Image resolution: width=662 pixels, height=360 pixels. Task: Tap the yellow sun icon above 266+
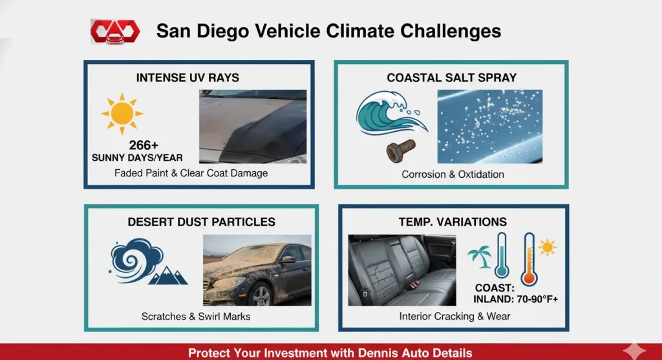pos(122,114)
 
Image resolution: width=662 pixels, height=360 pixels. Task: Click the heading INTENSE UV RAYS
pos(187,78)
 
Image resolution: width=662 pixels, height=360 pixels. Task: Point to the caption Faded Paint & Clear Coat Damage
pos(191,173)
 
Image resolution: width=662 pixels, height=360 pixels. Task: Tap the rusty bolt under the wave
pos(398,151)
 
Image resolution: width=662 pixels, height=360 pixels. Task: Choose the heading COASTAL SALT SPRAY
pos(452,78)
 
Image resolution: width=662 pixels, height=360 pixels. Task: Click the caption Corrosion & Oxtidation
pos(453,174)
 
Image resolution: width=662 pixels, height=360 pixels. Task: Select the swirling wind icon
pos(134,260)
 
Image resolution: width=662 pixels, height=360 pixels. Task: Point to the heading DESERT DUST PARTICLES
pos(201,222)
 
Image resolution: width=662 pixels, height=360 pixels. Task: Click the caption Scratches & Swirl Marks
pos(196,317)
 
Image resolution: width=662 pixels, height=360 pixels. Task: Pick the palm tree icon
pos(480,257)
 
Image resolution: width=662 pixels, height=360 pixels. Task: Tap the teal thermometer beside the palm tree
pos(501,257)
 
